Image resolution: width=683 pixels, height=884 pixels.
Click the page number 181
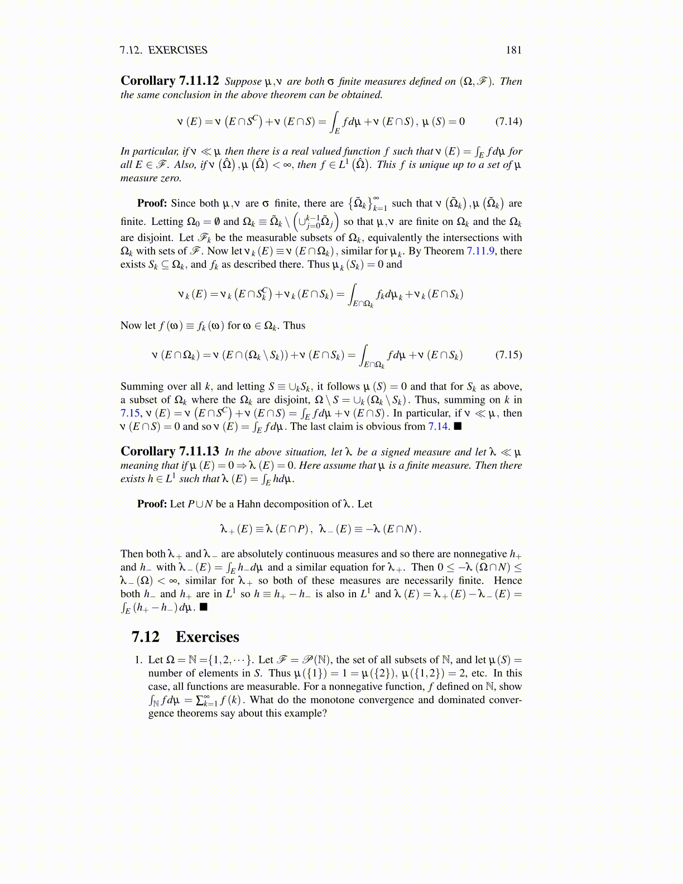513,50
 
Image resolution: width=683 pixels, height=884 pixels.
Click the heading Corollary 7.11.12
170,81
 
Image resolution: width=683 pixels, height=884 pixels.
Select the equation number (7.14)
508,122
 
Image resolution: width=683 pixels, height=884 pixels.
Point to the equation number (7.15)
508,355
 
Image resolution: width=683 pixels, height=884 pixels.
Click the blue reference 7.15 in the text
129,414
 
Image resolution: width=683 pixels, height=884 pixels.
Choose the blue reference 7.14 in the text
438,427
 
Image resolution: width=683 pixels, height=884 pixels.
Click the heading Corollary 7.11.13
170,451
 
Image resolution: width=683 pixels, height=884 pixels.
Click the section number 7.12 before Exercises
146,637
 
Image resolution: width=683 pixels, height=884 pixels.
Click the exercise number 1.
138,660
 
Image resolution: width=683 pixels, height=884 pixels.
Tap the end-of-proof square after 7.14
458,427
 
